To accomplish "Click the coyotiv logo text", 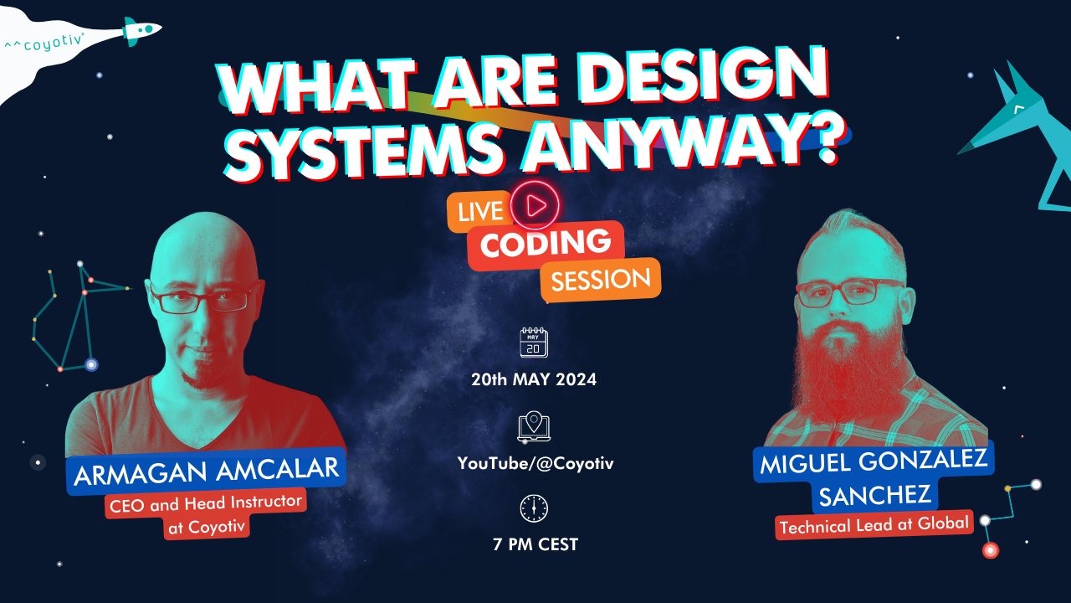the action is tap(44, 43).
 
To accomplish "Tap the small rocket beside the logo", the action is tap(141, 31).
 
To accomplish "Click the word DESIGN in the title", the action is tap(705, 78).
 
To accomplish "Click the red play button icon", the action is tap(535, 205).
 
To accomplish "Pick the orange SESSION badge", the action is tap(601, 280).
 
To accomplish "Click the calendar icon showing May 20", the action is tap(534, 343).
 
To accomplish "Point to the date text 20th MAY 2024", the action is tap(534, 379).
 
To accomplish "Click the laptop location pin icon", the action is tap(534, 426).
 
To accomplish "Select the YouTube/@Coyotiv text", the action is tap(535, 463).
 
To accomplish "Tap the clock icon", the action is tap(534, 508).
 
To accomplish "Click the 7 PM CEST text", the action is tap(535, 544).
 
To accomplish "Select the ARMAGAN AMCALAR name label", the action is tap(206, 471).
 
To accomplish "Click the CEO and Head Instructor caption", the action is tap(206, 514).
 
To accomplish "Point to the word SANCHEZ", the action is tap(875, 495).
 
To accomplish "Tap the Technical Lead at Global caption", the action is tap(874, 524).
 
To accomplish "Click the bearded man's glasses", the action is tap(849, 292).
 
